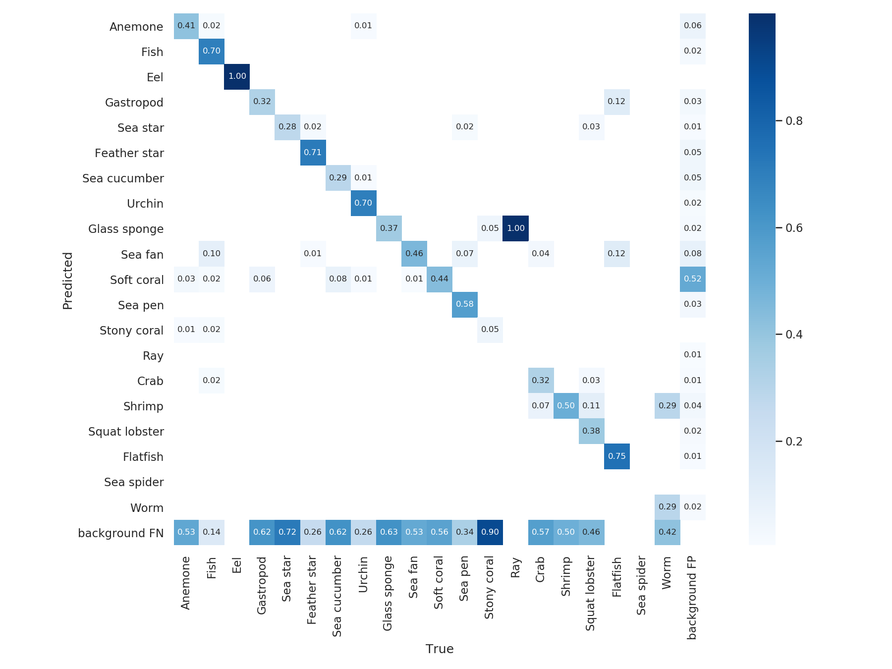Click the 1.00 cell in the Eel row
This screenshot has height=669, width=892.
[237, 76]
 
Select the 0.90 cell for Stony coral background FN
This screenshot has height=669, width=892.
[490, 532]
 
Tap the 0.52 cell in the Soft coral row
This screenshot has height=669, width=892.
[693, 279]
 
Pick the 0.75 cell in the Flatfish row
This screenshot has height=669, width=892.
[617, 456]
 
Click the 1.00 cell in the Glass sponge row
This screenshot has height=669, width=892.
[515, 228]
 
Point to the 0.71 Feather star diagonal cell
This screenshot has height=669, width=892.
[313, 153]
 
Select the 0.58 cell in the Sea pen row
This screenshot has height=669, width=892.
[465, 304]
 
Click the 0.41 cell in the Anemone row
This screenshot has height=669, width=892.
[186, 26]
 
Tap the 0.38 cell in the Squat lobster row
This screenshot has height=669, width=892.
[591, 431]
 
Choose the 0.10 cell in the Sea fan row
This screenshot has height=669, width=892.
[212, 254]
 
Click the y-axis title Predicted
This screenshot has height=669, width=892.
[68, 280]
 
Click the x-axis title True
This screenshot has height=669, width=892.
[440, 649]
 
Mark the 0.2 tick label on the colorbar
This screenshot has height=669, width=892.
[794, 442]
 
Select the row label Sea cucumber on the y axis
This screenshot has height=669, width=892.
[123, 178]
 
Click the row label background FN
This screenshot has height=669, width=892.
[120, 533]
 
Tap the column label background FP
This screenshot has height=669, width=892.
[692, 598]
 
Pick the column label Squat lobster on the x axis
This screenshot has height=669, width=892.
[590, 593]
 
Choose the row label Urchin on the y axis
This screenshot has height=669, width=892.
[145, 204]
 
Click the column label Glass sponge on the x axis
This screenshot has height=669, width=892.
[388, 593]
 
